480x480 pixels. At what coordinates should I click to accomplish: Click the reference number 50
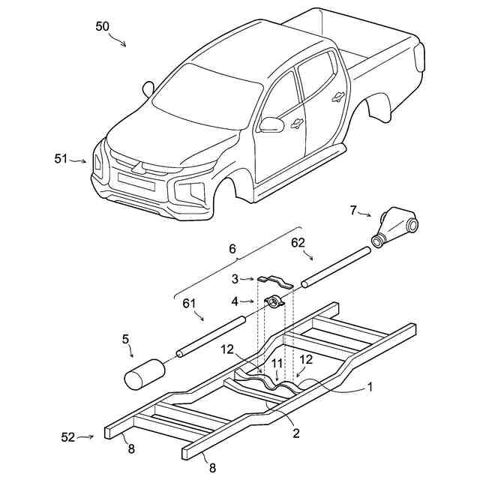tap(103, 25)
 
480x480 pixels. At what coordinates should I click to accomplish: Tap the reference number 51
tap(61, 158)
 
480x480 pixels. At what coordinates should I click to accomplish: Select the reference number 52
tap(67, 436)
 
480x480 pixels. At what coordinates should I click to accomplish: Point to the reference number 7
tap(353, 209)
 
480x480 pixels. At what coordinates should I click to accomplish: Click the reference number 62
tap(298, 243)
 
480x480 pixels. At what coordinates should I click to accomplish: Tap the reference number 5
tap(125, 339)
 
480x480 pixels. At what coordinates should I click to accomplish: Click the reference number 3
tap(235, 278)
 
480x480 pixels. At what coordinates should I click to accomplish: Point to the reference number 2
tap(296, 433)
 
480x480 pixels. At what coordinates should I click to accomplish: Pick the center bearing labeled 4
tap(274, 302)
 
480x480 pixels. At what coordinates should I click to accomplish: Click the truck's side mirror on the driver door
tap(271, 124)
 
